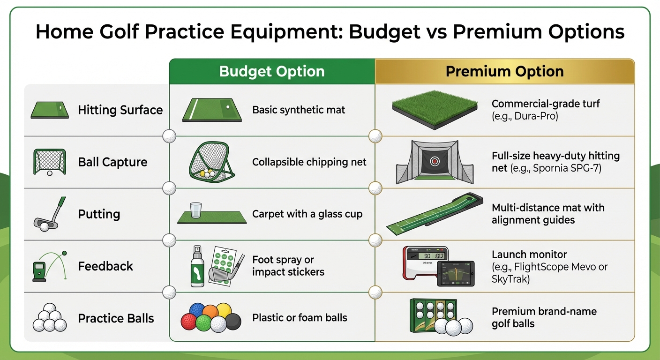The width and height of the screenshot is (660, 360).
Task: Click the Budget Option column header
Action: (272, 72)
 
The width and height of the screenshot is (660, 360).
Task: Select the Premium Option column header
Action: (504, 72)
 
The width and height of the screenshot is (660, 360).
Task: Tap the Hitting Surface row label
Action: (120, 110)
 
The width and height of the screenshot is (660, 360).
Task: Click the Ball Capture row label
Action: (112, 162)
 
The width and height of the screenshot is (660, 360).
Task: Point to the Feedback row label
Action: (105, 266)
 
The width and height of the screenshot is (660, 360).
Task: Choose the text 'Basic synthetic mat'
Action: (299, 110)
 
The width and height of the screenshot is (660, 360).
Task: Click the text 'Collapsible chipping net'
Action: (309, 162)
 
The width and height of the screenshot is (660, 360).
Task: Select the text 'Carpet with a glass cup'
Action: (307, 214)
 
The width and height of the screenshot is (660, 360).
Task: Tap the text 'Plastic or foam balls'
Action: (300, 318)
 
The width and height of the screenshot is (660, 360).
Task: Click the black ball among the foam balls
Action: (233, 322)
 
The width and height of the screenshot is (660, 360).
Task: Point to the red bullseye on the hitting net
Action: (434, 162)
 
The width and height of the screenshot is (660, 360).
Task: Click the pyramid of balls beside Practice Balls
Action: (47, 318)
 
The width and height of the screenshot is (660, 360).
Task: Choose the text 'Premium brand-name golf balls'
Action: (544, 317)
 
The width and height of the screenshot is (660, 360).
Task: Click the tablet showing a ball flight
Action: (455, 273)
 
